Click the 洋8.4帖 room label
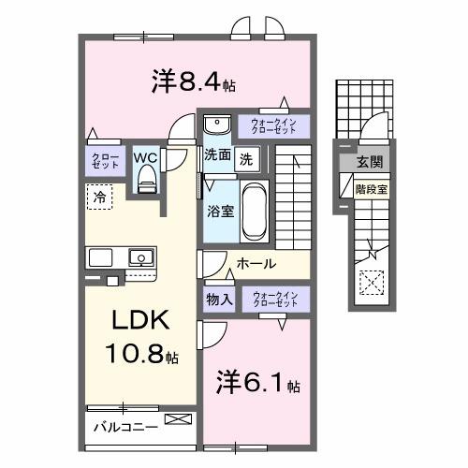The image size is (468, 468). [192, 82]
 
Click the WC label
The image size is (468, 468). [146, 158]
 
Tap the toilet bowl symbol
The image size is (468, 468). [146, 182]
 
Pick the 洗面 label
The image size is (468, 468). [218, 158]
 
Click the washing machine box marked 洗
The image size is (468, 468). [245, 158]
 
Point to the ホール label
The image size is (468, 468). [256, 265]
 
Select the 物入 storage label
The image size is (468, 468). [218, 300]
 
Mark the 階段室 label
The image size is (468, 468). [369, 187]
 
